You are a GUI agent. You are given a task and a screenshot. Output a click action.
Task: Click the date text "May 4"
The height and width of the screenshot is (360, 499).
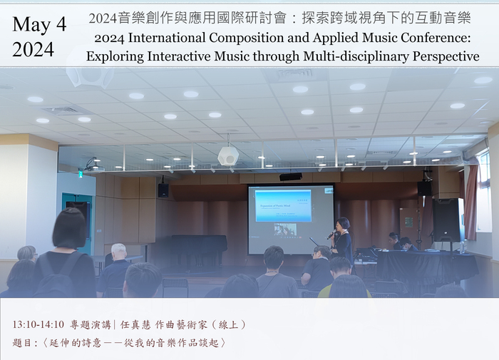click(39, 24)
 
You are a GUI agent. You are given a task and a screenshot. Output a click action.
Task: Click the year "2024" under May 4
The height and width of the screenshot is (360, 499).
click(33, 49)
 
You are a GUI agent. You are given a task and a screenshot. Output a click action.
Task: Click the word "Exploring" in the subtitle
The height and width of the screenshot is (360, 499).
click(115, 56)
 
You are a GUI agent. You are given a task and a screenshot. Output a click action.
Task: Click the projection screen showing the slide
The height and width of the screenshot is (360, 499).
click(290, 219)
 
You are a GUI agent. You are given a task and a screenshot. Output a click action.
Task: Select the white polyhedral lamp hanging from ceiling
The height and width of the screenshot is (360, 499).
click(227, 155)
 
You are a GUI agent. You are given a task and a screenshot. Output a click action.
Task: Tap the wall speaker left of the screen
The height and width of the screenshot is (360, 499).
click(163, 190)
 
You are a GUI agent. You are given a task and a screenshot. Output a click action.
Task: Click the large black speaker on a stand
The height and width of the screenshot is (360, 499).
click(446, 219)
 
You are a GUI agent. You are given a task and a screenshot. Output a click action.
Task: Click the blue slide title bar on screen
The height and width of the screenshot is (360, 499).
click(283, 205)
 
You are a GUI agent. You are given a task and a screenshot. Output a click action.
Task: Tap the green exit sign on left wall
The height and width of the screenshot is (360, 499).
click(80, 173)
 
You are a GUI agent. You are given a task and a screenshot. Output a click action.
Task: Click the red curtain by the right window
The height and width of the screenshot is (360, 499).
click(470, 203)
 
